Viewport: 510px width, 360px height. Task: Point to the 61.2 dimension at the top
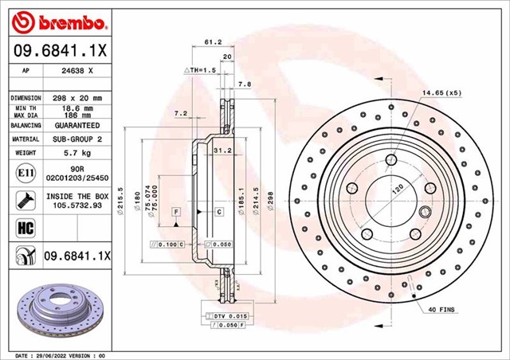tap(213, 43)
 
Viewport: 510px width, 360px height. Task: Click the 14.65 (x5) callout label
tap(442, 93)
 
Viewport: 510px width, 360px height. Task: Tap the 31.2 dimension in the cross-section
tap(222, 150)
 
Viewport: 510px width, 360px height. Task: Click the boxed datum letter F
tap(175, 212)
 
